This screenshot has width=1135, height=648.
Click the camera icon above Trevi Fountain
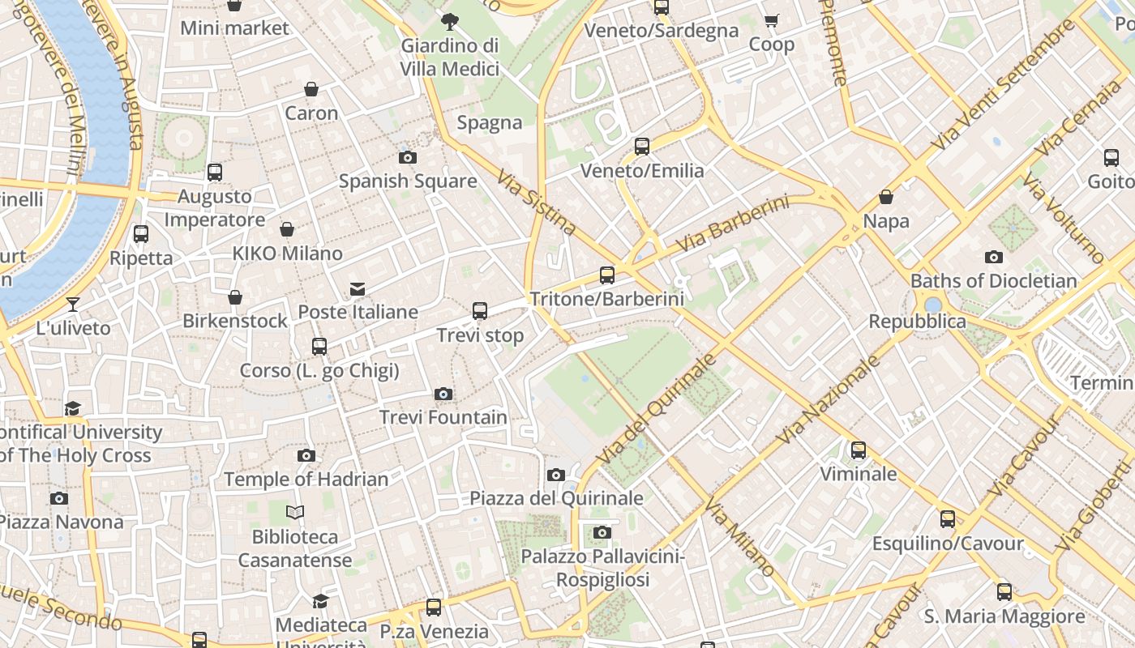coord(443,394)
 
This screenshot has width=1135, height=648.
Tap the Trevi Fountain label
coord(443,418)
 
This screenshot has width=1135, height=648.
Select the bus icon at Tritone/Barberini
coord(607,275)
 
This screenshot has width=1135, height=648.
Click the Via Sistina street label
coord(536,202)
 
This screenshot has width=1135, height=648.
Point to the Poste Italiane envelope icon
coord(357,289)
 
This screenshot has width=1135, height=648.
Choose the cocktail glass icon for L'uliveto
coord(73,305)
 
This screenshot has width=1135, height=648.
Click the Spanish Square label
coord(408,181)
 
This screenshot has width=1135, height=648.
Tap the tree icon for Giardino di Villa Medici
coord(449,22)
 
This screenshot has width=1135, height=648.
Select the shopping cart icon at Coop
coord(771,21)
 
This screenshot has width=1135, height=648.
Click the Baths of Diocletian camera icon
coord(993,258)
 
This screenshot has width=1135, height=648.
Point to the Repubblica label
coord(917,322)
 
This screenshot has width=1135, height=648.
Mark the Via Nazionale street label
coord(829,399)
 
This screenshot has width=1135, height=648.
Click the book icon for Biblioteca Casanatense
coord(295,513)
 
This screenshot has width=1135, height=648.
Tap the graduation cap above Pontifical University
coord(73,408)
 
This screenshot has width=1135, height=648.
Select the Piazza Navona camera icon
coord(58,498)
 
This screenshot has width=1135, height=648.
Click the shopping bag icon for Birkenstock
coord(235,297)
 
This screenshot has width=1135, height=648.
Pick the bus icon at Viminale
coord(859,450)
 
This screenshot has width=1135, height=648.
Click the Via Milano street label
coord(739,539)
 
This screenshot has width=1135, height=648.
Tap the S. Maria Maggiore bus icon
coord(1004,592)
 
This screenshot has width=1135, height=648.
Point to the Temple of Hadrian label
coord(306,480)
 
